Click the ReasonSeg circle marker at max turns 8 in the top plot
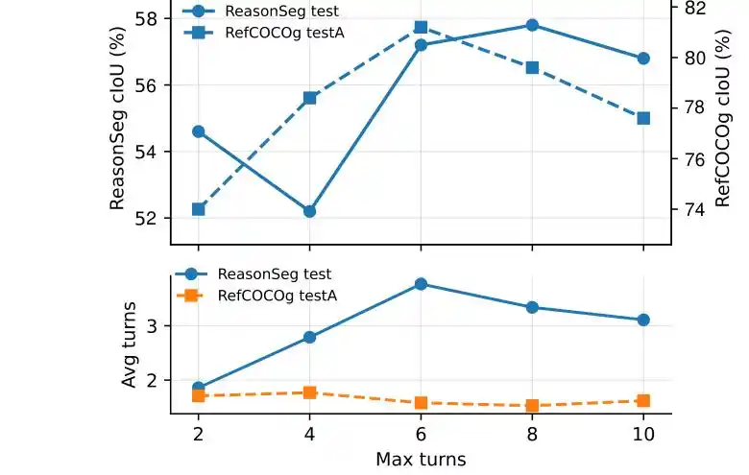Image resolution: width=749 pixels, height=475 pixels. [532, 25]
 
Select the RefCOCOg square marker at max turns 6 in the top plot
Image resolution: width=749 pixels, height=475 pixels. [421, 27]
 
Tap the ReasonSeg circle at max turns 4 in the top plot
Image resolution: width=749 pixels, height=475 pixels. [309, 211]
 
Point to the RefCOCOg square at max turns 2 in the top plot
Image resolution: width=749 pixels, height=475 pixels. [198, 209]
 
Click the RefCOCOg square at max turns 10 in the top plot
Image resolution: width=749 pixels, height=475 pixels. [643, 118]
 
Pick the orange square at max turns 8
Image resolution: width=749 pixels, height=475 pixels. [532, 405]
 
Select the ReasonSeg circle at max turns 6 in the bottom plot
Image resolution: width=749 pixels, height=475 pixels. [421, 284]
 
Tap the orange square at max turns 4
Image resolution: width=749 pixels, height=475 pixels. [309, 392]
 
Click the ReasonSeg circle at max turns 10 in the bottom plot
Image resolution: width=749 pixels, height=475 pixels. [643, 320]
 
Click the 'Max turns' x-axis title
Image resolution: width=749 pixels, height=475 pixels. [421, 460]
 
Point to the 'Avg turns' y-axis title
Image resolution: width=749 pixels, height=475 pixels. [129, 344]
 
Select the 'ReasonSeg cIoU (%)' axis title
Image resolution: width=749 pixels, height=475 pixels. [117, 118]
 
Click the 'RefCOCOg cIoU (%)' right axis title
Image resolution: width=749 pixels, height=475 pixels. [723, 118]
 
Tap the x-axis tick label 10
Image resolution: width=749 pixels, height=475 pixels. [643, 434]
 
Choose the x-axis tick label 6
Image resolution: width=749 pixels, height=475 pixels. [421, 434]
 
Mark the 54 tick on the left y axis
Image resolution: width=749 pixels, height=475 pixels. [146, 152]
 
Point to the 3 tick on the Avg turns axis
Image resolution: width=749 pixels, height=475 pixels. [153, 326]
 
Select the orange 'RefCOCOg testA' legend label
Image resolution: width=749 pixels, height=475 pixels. [278, 296]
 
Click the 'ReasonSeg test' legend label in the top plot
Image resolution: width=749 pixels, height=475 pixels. [281, 11]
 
